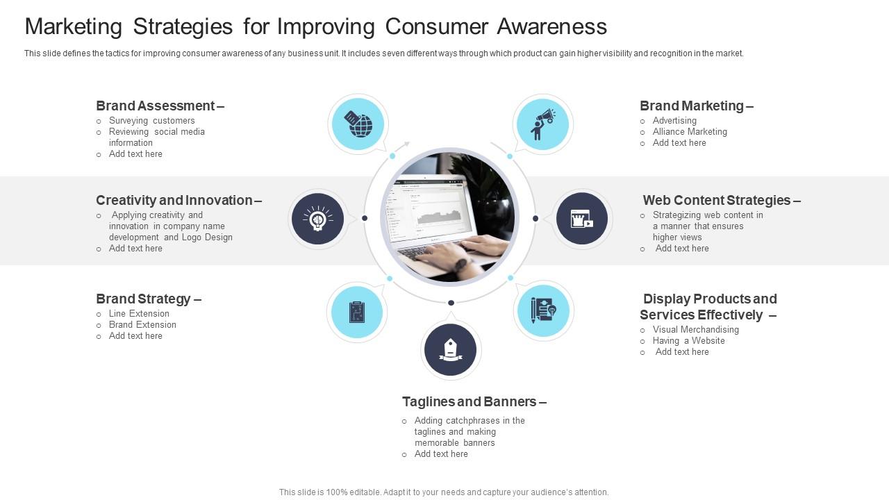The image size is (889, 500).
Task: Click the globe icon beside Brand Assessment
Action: (358, 124)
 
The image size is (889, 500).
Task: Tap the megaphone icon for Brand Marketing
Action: (542, 124)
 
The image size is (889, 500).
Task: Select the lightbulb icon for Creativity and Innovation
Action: (318, 219)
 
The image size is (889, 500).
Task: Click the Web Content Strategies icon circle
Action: (582, 219)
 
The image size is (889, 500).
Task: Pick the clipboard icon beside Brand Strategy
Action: (357, 312)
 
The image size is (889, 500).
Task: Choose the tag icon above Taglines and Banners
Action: (451, 349)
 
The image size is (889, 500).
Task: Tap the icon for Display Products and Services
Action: (543, 310)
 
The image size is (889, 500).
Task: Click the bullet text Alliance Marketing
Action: (690, 131)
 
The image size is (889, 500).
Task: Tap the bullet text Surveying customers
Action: (151, 120)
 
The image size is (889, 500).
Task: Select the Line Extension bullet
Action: (139, 313)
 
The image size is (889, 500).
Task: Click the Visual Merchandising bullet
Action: (695, 329)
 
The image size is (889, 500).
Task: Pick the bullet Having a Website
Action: (688, 340)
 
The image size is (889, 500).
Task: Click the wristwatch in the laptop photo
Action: (461, 265)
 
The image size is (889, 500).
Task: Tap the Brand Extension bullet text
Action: (142, 324)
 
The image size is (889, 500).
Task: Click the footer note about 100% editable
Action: (444, 492)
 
